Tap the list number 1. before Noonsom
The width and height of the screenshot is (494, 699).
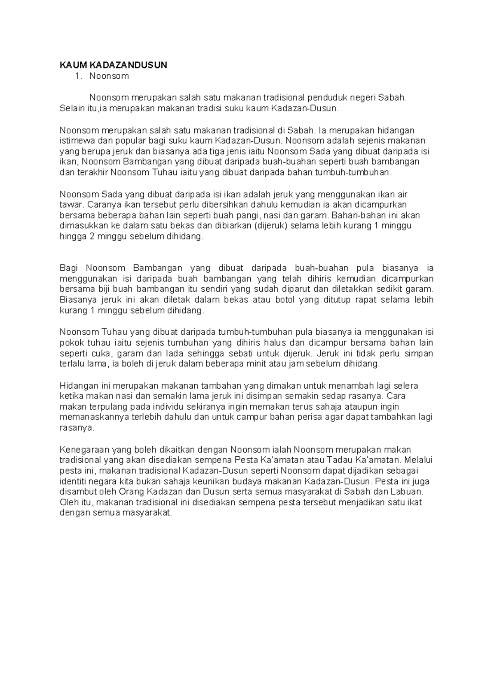(77, 76)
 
